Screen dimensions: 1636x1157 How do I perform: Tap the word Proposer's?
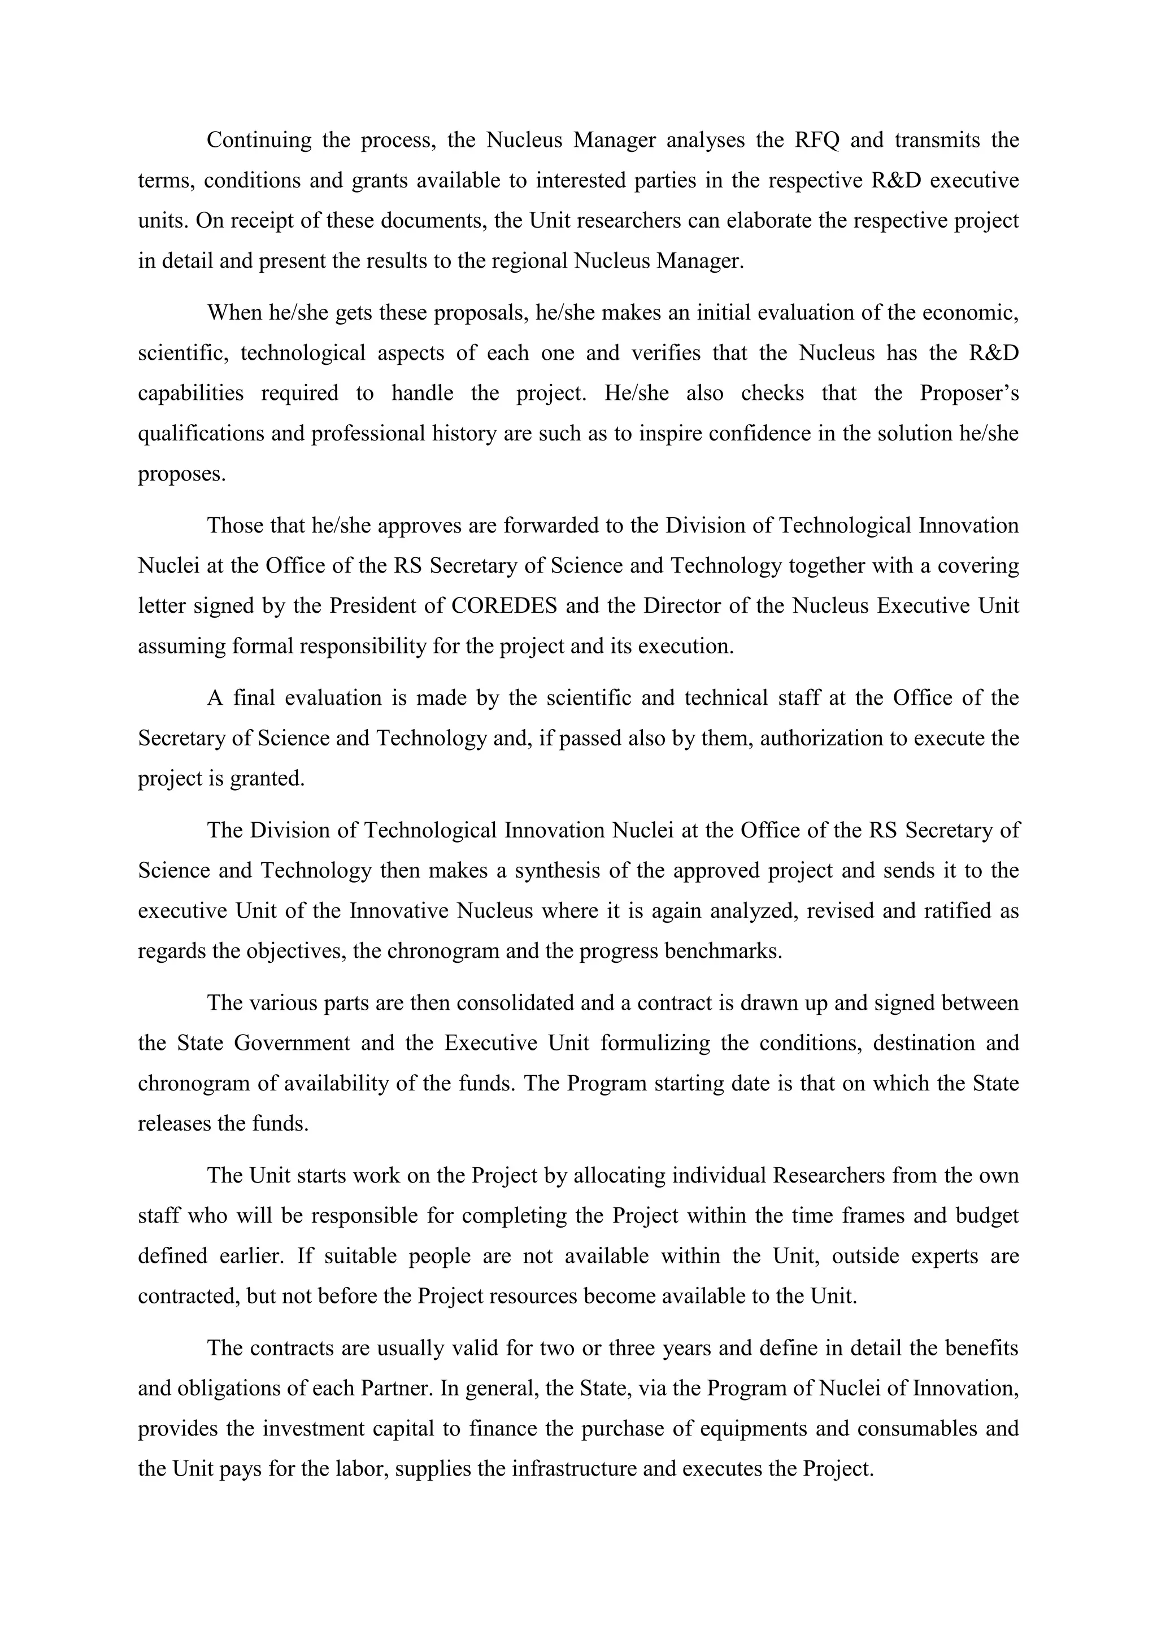point(969,393)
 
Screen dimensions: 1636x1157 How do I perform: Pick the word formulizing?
point(655,1043)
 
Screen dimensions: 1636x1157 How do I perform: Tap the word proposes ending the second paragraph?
point(182,474)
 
